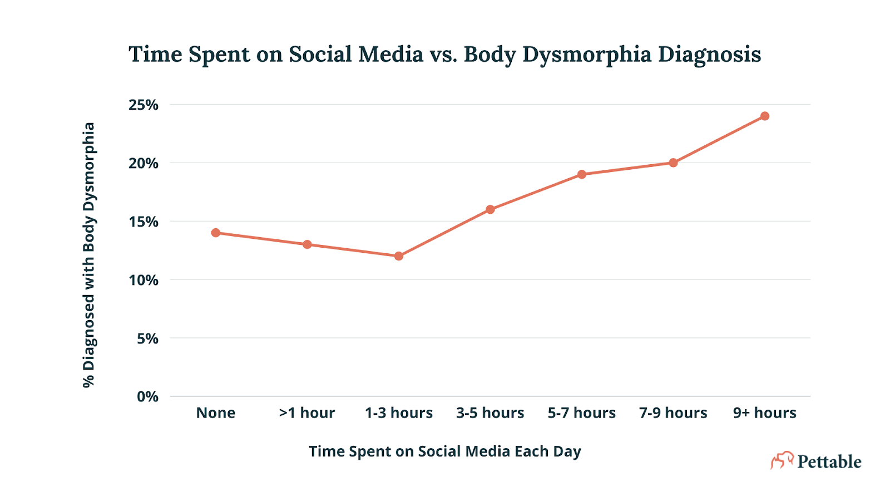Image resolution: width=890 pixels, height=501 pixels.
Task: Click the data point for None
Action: (216, 233)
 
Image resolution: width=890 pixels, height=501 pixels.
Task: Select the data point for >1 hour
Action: (307, 244)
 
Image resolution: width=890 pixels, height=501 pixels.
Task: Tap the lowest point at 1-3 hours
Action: (399, 256)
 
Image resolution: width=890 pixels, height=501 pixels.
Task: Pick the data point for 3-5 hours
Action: (490, 209)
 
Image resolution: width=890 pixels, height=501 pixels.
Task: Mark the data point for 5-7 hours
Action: (582, 174)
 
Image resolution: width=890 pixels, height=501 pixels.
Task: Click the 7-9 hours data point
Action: (673, 163)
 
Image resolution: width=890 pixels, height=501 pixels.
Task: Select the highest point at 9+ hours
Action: (765, 116)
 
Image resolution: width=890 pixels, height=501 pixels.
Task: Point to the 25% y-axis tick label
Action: (144, 105)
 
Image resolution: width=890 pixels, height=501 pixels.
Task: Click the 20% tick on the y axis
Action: (144, 164)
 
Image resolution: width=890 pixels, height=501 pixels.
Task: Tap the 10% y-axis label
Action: (144, 281)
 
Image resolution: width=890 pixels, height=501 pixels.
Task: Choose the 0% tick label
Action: (147, 397)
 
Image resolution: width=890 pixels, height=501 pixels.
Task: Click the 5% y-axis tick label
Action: (147, 338)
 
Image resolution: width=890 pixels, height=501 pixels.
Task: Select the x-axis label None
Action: (216, 413)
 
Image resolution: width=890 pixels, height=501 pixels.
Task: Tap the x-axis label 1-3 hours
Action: (399, 413)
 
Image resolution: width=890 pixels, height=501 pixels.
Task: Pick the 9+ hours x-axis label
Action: (765, 413)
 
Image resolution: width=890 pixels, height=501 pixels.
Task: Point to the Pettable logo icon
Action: (782, 460)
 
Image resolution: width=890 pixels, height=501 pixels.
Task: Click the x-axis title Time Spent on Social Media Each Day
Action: (445, 451)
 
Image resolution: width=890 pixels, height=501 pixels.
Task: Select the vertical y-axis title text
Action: (89, 255)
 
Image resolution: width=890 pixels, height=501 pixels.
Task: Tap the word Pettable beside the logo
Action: (829, 461)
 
